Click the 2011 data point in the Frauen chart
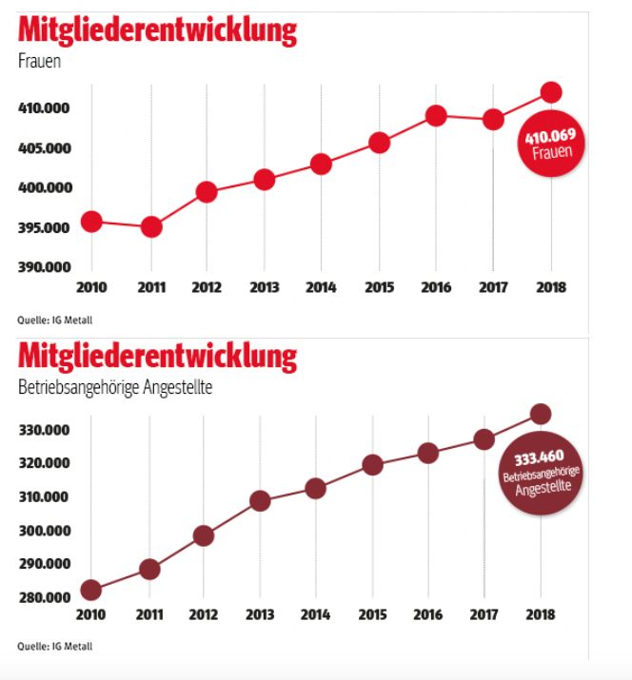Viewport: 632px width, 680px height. coord(150,226)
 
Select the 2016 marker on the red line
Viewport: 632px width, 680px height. coord(436,116)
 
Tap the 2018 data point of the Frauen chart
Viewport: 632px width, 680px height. coord(550,92)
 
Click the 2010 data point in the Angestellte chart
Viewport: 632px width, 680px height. coord(91,591)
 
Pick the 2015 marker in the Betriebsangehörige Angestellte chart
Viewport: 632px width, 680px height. coord(373,465)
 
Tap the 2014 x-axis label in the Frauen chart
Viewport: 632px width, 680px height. coord(321,287)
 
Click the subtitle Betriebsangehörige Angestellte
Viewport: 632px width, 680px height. coord(114,388)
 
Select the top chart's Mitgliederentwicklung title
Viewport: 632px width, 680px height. coord(157,31)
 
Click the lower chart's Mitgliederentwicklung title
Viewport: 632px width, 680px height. coord(157,358)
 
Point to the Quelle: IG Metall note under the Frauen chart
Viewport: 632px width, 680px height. coord(55,320)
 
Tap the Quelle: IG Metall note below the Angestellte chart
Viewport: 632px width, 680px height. coord(55,648)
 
